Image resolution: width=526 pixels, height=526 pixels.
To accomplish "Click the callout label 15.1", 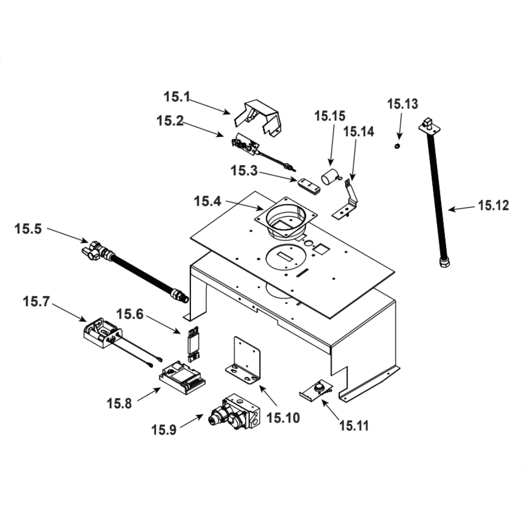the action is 177,97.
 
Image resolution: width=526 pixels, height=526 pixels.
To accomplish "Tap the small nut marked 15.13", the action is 398,146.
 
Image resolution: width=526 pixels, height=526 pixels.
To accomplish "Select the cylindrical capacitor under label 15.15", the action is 330,176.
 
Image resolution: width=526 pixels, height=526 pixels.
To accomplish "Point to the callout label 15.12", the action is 493,205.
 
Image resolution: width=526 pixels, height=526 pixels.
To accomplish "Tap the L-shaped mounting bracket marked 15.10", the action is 244,361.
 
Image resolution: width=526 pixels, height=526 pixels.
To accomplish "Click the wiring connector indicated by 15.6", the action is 193,344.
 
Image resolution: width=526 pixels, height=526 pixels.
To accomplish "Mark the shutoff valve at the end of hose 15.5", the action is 95,250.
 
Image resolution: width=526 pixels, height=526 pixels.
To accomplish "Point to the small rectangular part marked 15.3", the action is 309,186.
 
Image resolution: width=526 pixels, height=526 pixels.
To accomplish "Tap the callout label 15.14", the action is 359,131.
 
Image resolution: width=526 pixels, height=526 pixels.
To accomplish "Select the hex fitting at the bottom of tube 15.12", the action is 444,261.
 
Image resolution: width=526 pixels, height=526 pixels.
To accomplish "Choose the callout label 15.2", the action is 170,121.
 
